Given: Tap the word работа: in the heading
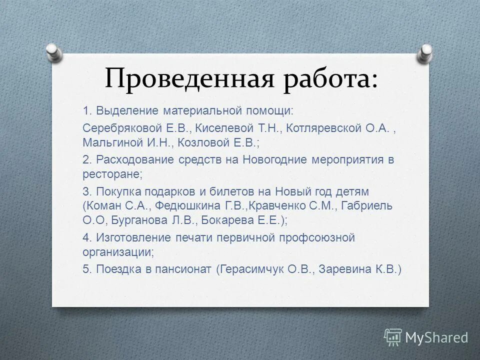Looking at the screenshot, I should pos(330,79).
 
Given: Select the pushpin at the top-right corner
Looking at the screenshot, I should pos(425,51).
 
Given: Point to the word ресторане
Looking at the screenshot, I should pos(111,174).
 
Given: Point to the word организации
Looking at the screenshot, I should pos(117,252).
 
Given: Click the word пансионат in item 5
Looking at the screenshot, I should pos(187,269).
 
